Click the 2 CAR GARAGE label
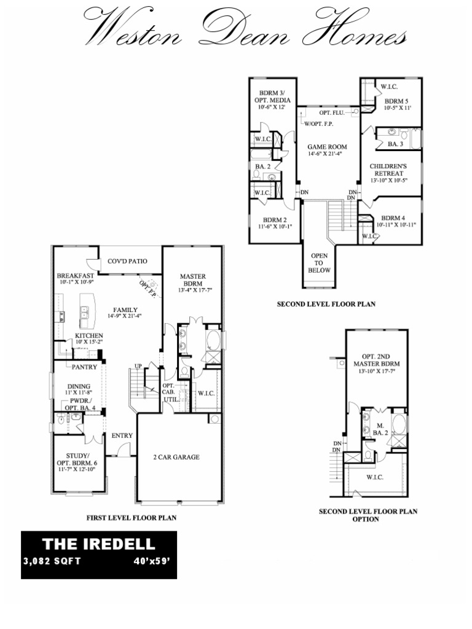(176, 457)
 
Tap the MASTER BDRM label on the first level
(192, 280)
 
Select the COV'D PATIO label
(127, 261)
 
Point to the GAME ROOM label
(327, 147)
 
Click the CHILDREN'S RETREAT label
(388, 170)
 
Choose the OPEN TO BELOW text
(320, 263)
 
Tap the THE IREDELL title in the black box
(99, 544)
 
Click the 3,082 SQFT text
(52, 561)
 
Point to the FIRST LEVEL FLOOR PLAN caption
(132, 518)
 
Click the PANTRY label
(84, 367)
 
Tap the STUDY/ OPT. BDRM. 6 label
(77, 459)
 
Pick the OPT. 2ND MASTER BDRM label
(377, 360)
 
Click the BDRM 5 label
(396, 101)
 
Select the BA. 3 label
(395, 144)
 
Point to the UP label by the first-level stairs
(138, 366)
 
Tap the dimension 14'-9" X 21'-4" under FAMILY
(125, 316)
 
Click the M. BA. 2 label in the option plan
(380, 429)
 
